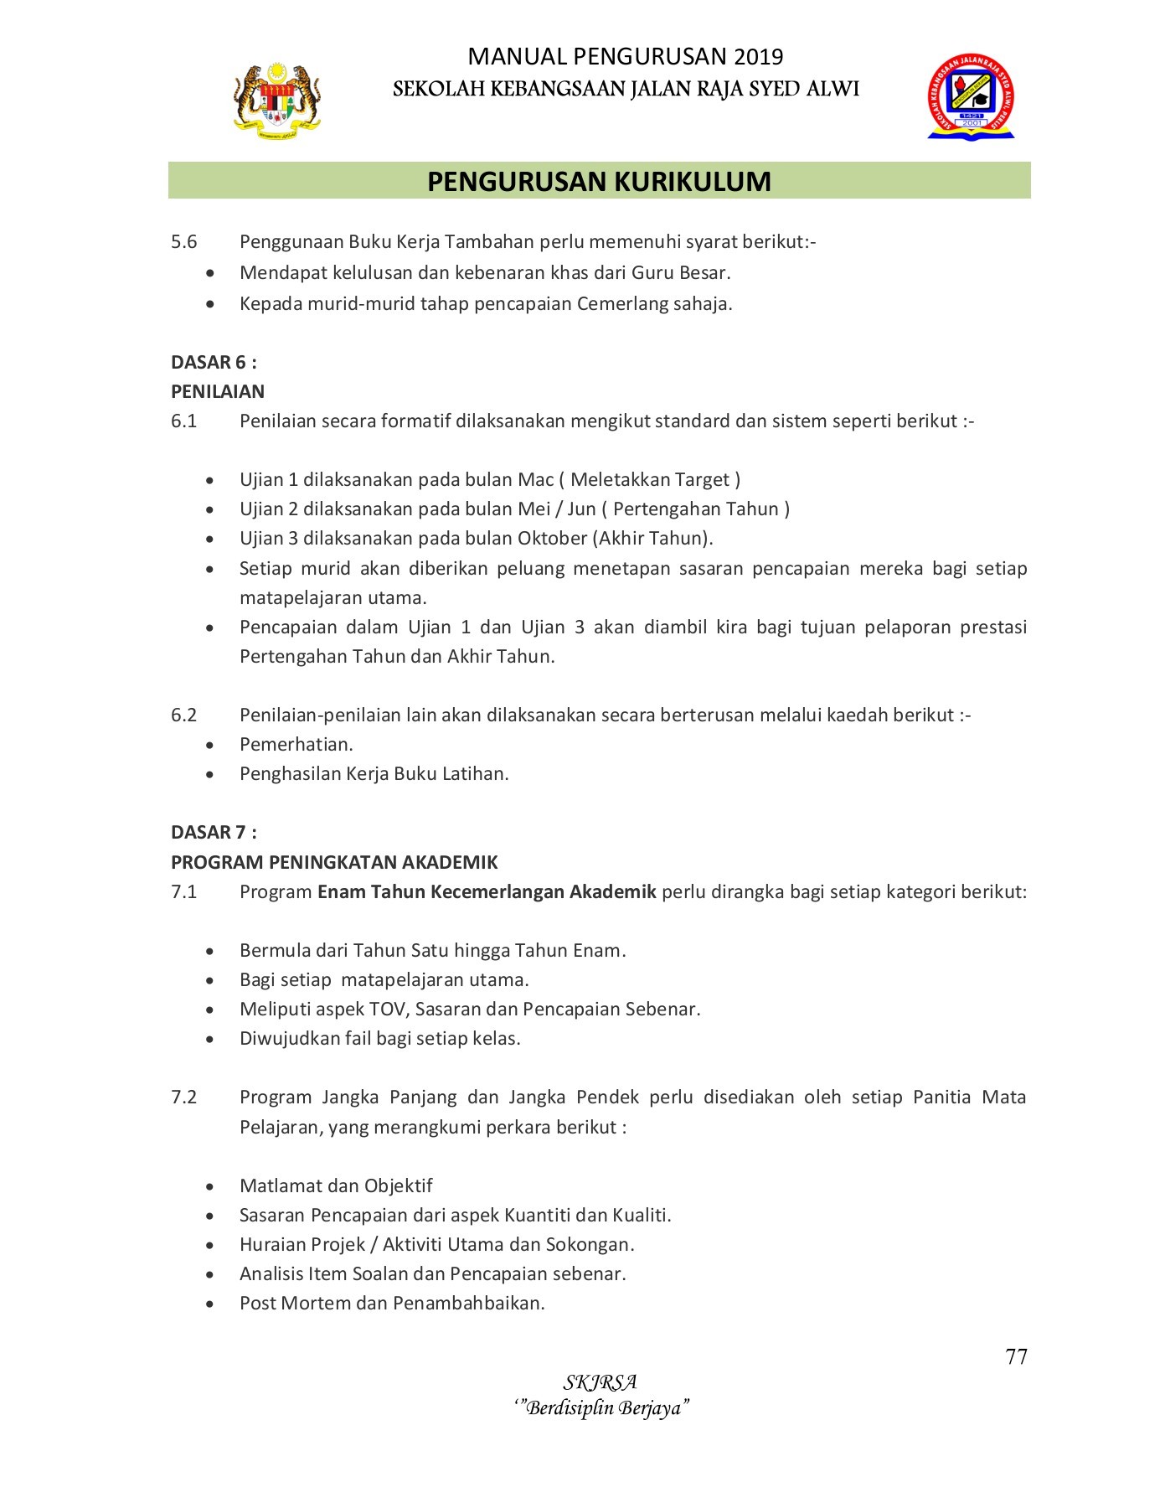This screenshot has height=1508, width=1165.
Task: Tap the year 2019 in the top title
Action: click(759, 57)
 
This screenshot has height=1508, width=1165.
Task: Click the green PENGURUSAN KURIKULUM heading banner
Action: click(599, 181)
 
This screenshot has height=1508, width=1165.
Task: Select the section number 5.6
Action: click(183, 242)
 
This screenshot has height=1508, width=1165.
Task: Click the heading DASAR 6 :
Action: click(214, 362)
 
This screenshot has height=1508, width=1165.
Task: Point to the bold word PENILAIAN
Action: click(218, 391)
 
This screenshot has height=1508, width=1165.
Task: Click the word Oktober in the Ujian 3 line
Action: click(552, 539)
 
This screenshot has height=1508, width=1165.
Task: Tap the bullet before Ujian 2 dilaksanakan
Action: click(209, 510)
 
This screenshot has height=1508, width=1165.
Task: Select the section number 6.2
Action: click(183, 715)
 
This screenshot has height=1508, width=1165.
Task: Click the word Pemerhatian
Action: click(296, 744)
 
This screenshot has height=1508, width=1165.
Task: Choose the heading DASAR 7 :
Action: click(214, 832)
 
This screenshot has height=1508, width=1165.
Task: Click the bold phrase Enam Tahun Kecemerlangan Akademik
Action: click(487, 891)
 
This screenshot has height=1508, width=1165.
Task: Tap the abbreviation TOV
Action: click(388, 1009)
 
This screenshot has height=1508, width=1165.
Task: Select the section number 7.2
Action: click(183, 1097)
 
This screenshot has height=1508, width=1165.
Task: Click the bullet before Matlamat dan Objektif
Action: click(209, 1187)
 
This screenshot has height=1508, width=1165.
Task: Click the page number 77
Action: click(1016, 1357)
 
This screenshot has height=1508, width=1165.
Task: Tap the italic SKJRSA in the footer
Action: click(601, 1382)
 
